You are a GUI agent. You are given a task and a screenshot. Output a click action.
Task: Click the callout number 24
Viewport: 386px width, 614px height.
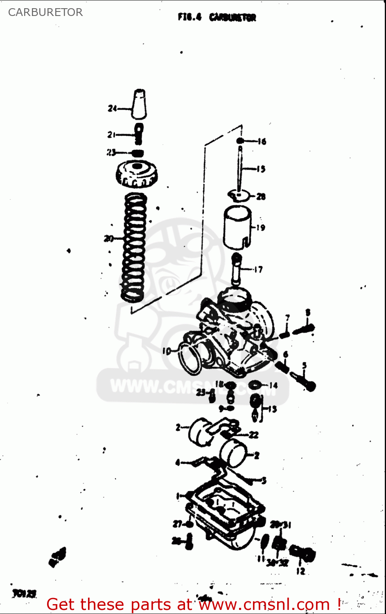(x=112, y=108)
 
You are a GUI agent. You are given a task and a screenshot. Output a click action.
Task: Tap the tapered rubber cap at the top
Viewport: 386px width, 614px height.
(x=139, y=104)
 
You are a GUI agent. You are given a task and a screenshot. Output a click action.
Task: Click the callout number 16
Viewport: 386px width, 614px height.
(x=262, y=142)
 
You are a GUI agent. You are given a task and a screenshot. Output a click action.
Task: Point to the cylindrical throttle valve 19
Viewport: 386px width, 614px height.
(x=237, y=228)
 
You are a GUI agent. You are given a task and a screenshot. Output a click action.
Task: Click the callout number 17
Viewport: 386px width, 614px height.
(x=258, y=269)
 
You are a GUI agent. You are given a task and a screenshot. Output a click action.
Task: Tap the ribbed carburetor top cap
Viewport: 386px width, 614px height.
(x=137, y=174)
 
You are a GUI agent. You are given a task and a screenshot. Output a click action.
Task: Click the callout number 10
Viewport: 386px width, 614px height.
(x=166, y=351)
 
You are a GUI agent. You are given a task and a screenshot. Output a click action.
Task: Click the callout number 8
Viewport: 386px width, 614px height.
(x=308, y=313)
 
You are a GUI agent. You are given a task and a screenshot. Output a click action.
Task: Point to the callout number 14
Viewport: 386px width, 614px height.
(x=273, y=385)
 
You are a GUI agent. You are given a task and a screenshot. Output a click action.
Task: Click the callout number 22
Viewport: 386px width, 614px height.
(x=254, y=435)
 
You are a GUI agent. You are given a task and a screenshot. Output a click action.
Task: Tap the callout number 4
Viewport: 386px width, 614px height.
(x=177, y=463)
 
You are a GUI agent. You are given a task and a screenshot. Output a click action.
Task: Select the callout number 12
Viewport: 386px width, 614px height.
(x=300, y=571)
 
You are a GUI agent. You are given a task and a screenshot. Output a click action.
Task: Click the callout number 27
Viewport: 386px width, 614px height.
(x=177, y=524)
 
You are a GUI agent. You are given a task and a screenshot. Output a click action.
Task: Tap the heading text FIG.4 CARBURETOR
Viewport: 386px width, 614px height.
(x=217, y=17)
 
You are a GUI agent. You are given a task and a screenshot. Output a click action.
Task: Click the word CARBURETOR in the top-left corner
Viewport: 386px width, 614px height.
(x=45, y=12)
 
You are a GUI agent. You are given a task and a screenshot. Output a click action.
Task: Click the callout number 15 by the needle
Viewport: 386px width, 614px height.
(x=261, y=169)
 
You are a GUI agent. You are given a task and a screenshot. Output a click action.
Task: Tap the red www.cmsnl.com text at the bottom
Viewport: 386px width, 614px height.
(x=264, y=604)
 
